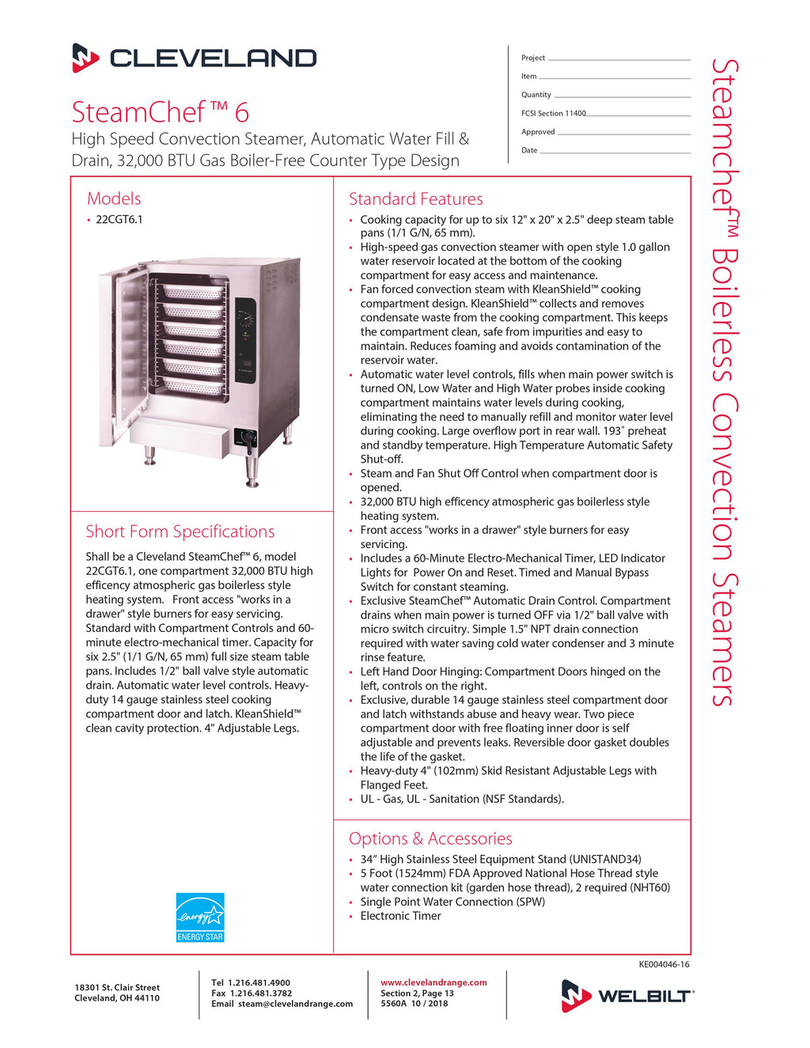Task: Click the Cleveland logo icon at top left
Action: click(85, 58)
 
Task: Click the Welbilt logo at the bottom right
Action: click(627, 996)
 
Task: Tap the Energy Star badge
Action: click(200, 917)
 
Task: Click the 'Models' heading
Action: click(114, 199)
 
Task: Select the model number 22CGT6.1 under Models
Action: click(119, 220)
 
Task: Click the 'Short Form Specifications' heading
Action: click(180, 532)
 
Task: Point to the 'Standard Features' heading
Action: click(415, 199)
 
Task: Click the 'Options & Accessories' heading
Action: click(430, 838)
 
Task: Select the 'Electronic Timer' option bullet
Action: click(400, 916)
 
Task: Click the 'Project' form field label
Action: click(533, 58)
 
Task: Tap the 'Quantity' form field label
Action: click(536, 95)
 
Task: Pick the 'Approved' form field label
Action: click(538, 132)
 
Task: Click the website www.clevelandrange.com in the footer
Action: click(433, 982)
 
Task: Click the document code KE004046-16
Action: click(664, 964)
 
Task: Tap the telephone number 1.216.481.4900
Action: click(259, 982)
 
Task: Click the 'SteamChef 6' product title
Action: click(161, 112)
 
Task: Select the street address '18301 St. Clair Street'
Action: click(117, 987)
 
